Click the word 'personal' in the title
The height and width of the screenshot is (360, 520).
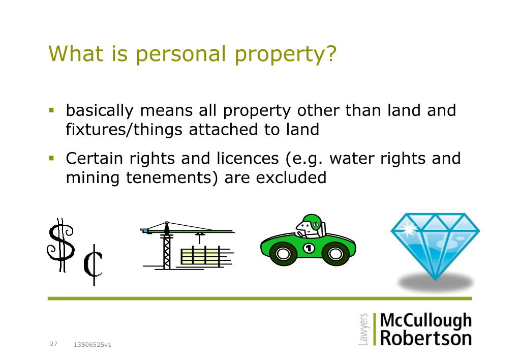tap(181, 54)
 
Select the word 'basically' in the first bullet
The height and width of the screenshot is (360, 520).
tap(100, 111)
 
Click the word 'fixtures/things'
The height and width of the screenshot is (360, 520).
tap(124, 130)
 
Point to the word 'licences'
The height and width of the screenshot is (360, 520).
tap(248, 158)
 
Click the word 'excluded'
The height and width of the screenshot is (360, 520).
tap(291, 177)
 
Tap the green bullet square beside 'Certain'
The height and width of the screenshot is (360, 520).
tap(51, 158)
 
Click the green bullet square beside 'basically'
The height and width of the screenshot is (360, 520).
tap(51, 110)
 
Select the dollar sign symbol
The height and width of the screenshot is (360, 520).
tap(60, 245)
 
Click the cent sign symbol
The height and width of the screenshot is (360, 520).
tap(93, 265)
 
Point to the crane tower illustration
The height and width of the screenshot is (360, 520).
tap(167, 245)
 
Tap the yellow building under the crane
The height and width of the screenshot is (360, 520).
tap(201, 256)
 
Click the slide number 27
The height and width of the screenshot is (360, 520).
tap(54, 344)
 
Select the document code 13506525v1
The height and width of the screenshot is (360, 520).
tap(93, 345)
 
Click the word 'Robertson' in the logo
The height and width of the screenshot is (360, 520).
tap(426, 338)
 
